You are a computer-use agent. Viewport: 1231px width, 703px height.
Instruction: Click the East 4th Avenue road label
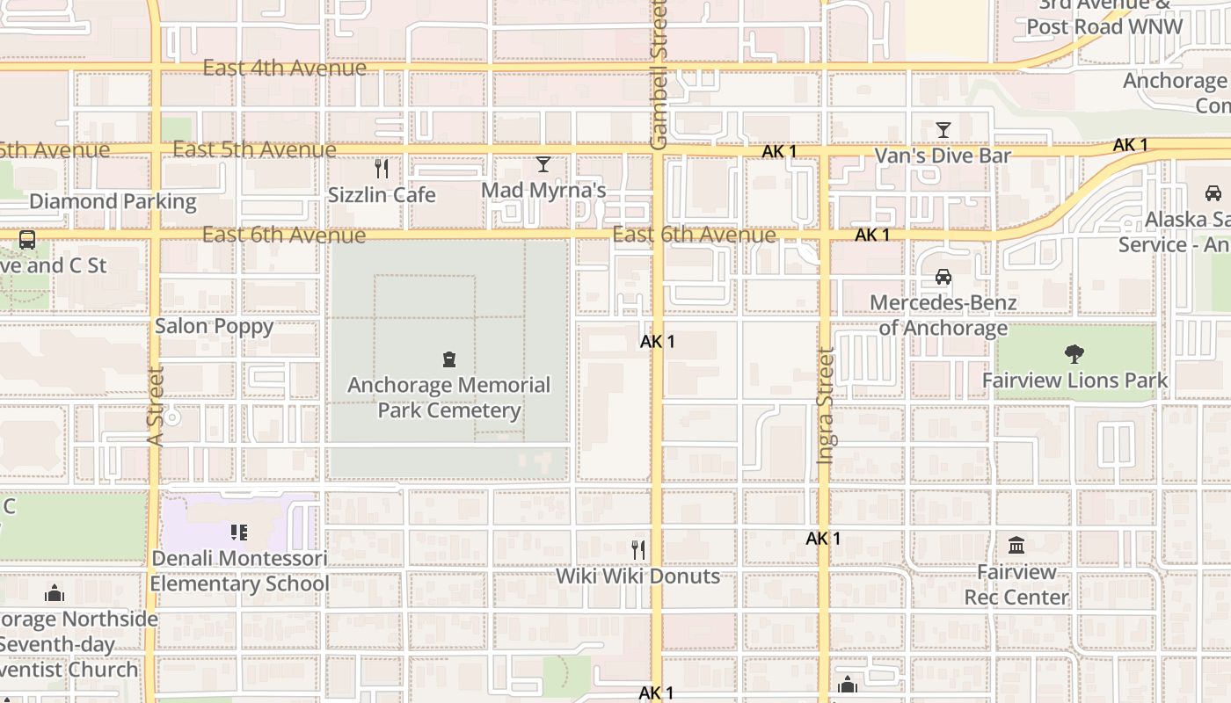[284, 68]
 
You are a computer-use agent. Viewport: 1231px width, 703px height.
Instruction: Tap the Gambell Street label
[659, 75]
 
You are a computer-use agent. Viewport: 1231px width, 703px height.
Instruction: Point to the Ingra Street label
[825, 405]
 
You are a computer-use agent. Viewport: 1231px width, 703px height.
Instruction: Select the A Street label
[157, 406]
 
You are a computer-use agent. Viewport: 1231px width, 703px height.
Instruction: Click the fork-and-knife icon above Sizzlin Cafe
[382, 168]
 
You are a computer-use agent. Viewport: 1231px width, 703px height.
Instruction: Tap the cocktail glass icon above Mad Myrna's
[543, 164]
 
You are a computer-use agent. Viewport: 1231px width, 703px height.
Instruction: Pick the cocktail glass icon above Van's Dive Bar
[943, 130]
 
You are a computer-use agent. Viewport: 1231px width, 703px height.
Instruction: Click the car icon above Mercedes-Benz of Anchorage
[943, 277]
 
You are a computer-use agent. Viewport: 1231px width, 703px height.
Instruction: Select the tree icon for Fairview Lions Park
[1074, 354]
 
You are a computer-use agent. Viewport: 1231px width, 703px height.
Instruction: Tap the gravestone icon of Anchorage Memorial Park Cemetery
[449, 359]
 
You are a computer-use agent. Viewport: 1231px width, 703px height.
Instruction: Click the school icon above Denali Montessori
[238, 533]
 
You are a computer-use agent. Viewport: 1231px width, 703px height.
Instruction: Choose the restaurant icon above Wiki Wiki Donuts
[638, 550]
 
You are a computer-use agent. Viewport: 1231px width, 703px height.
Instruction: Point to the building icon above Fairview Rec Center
[1016, 546]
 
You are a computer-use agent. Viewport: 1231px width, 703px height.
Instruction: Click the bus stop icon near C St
[27, 239]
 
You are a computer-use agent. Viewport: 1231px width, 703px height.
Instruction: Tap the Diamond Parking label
[113, 201]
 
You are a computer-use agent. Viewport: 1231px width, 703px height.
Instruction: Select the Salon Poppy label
[214, 326]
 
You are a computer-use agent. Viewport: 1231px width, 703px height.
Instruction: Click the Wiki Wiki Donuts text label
[637, 576]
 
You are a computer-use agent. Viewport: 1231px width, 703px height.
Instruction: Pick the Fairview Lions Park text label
[1074, 380]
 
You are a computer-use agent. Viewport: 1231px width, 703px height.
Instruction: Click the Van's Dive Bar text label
[943, 156]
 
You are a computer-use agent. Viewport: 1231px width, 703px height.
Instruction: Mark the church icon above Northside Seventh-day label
[55, 593]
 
